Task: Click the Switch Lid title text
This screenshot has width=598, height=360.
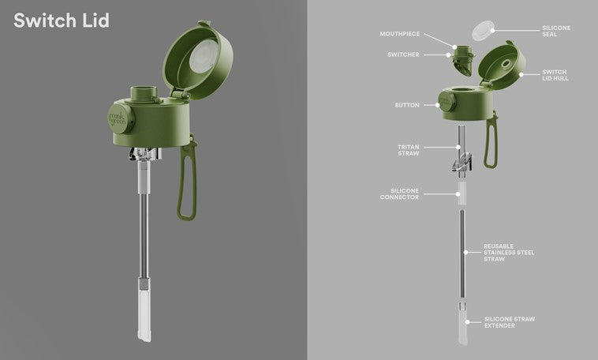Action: (62, 21)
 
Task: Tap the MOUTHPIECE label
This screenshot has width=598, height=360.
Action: (399, 34)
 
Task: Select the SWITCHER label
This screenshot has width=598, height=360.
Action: (403, 54)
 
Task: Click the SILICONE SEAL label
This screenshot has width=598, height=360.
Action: (556, 31)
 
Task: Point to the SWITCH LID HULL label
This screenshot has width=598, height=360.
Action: (555, 75)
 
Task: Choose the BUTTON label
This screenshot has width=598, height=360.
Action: (407, 105)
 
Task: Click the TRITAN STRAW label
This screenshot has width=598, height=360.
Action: (408, 150)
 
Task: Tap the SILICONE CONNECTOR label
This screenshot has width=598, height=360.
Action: (399, 194)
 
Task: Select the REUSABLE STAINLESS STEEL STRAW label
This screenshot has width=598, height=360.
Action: (509, 253)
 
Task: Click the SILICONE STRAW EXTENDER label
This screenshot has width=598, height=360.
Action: (510, 322)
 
